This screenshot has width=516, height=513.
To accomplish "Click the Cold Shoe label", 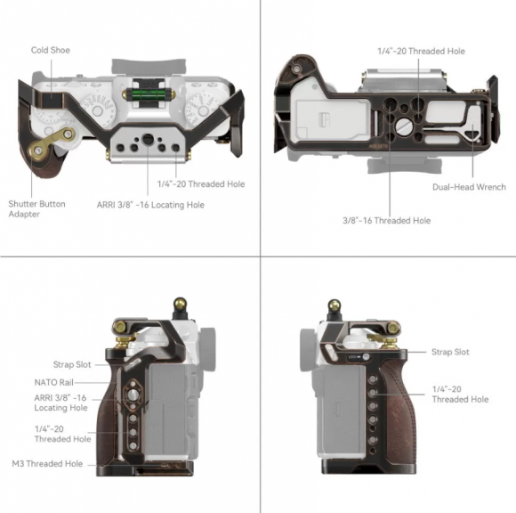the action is (51, 50).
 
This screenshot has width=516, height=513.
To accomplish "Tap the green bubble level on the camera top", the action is (148, 94).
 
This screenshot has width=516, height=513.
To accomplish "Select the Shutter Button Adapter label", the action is (36, 209).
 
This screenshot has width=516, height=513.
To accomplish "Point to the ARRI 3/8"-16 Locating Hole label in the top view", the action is (150, 205).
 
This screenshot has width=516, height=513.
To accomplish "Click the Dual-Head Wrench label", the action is (469, 187).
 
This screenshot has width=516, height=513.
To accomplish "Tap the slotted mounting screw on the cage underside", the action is (403, 126).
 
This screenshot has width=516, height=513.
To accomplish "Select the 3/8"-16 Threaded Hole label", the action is (387, 220).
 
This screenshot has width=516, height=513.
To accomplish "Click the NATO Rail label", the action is (54, 382).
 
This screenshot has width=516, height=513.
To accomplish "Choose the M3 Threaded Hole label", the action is (47, 464).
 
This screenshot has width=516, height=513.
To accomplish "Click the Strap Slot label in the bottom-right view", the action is (450, 352).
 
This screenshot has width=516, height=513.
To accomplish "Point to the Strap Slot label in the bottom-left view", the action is (72, 364).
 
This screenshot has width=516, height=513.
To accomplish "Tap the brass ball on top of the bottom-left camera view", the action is (180, 302).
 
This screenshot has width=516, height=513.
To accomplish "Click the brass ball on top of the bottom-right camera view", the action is (335, 305).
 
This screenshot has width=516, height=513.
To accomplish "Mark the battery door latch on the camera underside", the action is (325, 119).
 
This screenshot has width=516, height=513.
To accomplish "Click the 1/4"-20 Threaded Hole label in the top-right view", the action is (421, 51).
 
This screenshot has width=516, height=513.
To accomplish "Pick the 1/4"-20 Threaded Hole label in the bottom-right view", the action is (460, 394).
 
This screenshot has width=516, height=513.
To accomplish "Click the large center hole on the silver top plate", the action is (148, 139).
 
